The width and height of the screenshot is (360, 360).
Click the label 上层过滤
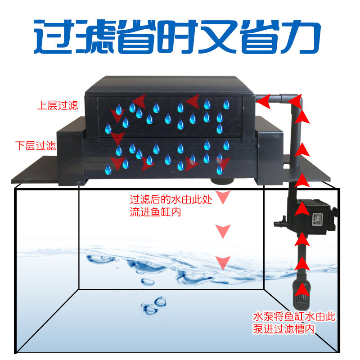[57, 106]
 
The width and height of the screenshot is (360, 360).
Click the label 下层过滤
[36, 146]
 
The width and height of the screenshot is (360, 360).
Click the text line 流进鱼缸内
[155, 212]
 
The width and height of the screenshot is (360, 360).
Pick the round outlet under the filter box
[223, 182]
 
